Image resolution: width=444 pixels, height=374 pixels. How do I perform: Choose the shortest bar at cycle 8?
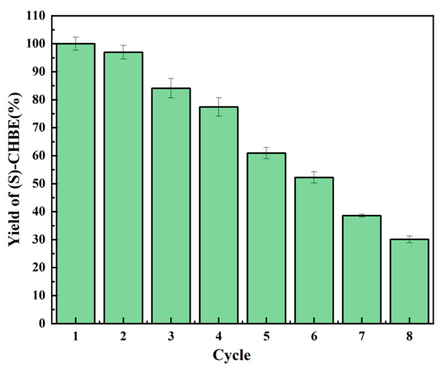409,281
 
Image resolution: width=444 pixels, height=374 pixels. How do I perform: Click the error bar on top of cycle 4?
219,107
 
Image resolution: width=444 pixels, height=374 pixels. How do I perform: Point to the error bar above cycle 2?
123,52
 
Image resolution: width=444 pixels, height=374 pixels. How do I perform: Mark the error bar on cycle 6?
314,177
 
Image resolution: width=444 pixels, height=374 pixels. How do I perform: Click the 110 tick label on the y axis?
36,16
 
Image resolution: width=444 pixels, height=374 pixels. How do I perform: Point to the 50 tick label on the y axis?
39,184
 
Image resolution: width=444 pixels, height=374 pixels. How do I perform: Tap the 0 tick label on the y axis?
42,323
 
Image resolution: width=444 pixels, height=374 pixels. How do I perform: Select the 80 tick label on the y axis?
39,100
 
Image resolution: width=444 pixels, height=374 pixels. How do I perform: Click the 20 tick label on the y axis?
39,267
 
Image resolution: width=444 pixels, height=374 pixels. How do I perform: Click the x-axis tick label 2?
123,337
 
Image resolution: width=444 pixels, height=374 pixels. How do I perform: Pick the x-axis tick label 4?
219,337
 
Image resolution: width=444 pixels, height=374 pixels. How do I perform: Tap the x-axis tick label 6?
314,337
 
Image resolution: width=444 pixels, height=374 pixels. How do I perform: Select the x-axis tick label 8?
409,337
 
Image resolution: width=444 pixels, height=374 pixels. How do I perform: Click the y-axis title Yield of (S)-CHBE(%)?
15,169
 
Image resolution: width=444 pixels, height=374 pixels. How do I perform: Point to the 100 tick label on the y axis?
36,44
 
